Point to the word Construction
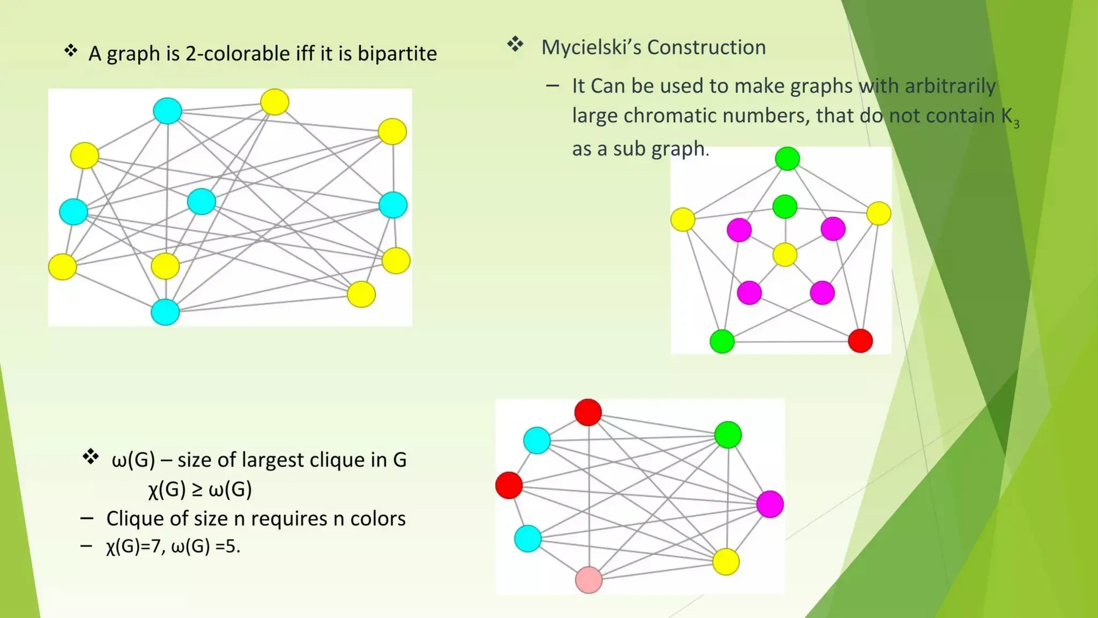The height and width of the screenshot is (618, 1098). tap(706, 47)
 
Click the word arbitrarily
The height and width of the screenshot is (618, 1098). tap(949, 86)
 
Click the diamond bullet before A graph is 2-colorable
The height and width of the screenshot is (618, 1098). tap(71, 51)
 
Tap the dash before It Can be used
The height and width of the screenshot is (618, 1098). tap(552, 86)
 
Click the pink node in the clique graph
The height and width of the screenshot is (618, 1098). tap(588, 580)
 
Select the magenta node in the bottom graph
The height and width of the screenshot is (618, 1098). tap(770, 504)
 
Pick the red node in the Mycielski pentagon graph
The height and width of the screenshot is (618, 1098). tap(860, 341)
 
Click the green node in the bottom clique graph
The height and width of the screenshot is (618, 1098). tap(728, 435)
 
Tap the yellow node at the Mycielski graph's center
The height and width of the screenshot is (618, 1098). tap(785, 254)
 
